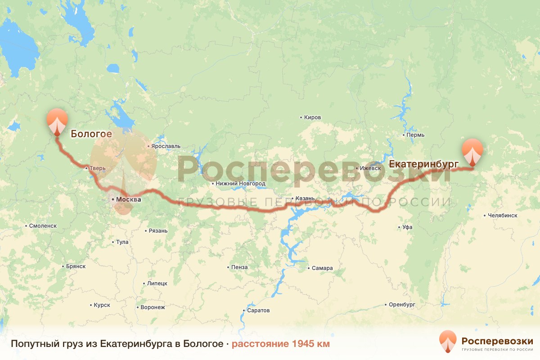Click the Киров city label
[312, 117]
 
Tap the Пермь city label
[414, 135]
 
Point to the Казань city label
[301, 198]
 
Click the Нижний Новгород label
[240, 184]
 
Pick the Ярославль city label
[166, 146]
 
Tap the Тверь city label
[97, 168]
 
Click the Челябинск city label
[503, 216]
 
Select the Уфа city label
[407, 227]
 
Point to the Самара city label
[322, 268]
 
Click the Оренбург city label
[402, 305]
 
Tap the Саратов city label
[258, 310]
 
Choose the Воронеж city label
[153, 307]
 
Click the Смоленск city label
[42, 225]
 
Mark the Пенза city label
[239, 267]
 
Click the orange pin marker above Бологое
[57, 120]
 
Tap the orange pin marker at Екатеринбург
[472, 151]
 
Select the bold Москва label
[128, 199]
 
